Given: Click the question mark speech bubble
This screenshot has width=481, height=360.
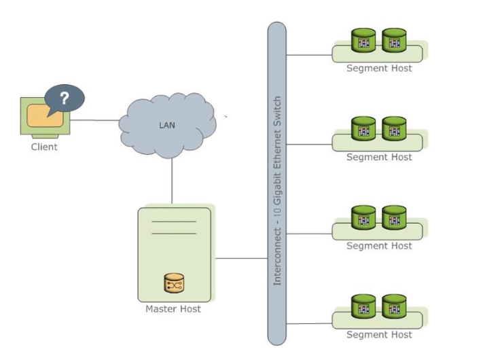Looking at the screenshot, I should pos(65,98).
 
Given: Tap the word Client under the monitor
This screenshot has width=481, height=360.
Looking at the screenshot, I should pos(44,147).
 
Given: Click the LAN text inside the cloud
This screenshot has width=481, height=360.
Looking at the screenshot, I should pos(166,125).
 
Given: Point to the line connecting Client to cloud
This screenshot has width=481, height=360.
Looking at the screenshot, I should pos(96,120).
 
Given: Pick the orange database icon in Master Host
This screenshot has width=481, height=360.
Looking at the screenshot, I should pos(174,283).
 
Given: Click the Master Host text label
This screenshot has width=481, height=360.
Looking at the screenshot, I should pos(173,310).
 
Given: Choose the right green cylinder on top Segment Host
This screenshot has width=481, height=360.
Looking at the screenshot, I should pos(393,41).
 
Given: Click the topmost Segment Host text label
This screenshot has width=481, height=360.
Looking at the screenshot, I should pos(379,68).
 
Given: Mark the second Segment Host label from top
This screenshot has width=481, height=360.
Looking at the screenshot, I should pos(379,157).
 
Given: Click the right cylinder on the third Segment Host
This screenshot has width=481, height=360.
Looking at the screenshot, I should pos(393,219).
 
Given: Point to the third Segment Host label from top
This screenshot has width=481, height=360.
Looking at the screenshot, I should pos(379,246).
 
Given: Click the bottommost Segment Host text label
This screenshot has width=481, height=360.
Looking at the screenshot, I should pos(379,335).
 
